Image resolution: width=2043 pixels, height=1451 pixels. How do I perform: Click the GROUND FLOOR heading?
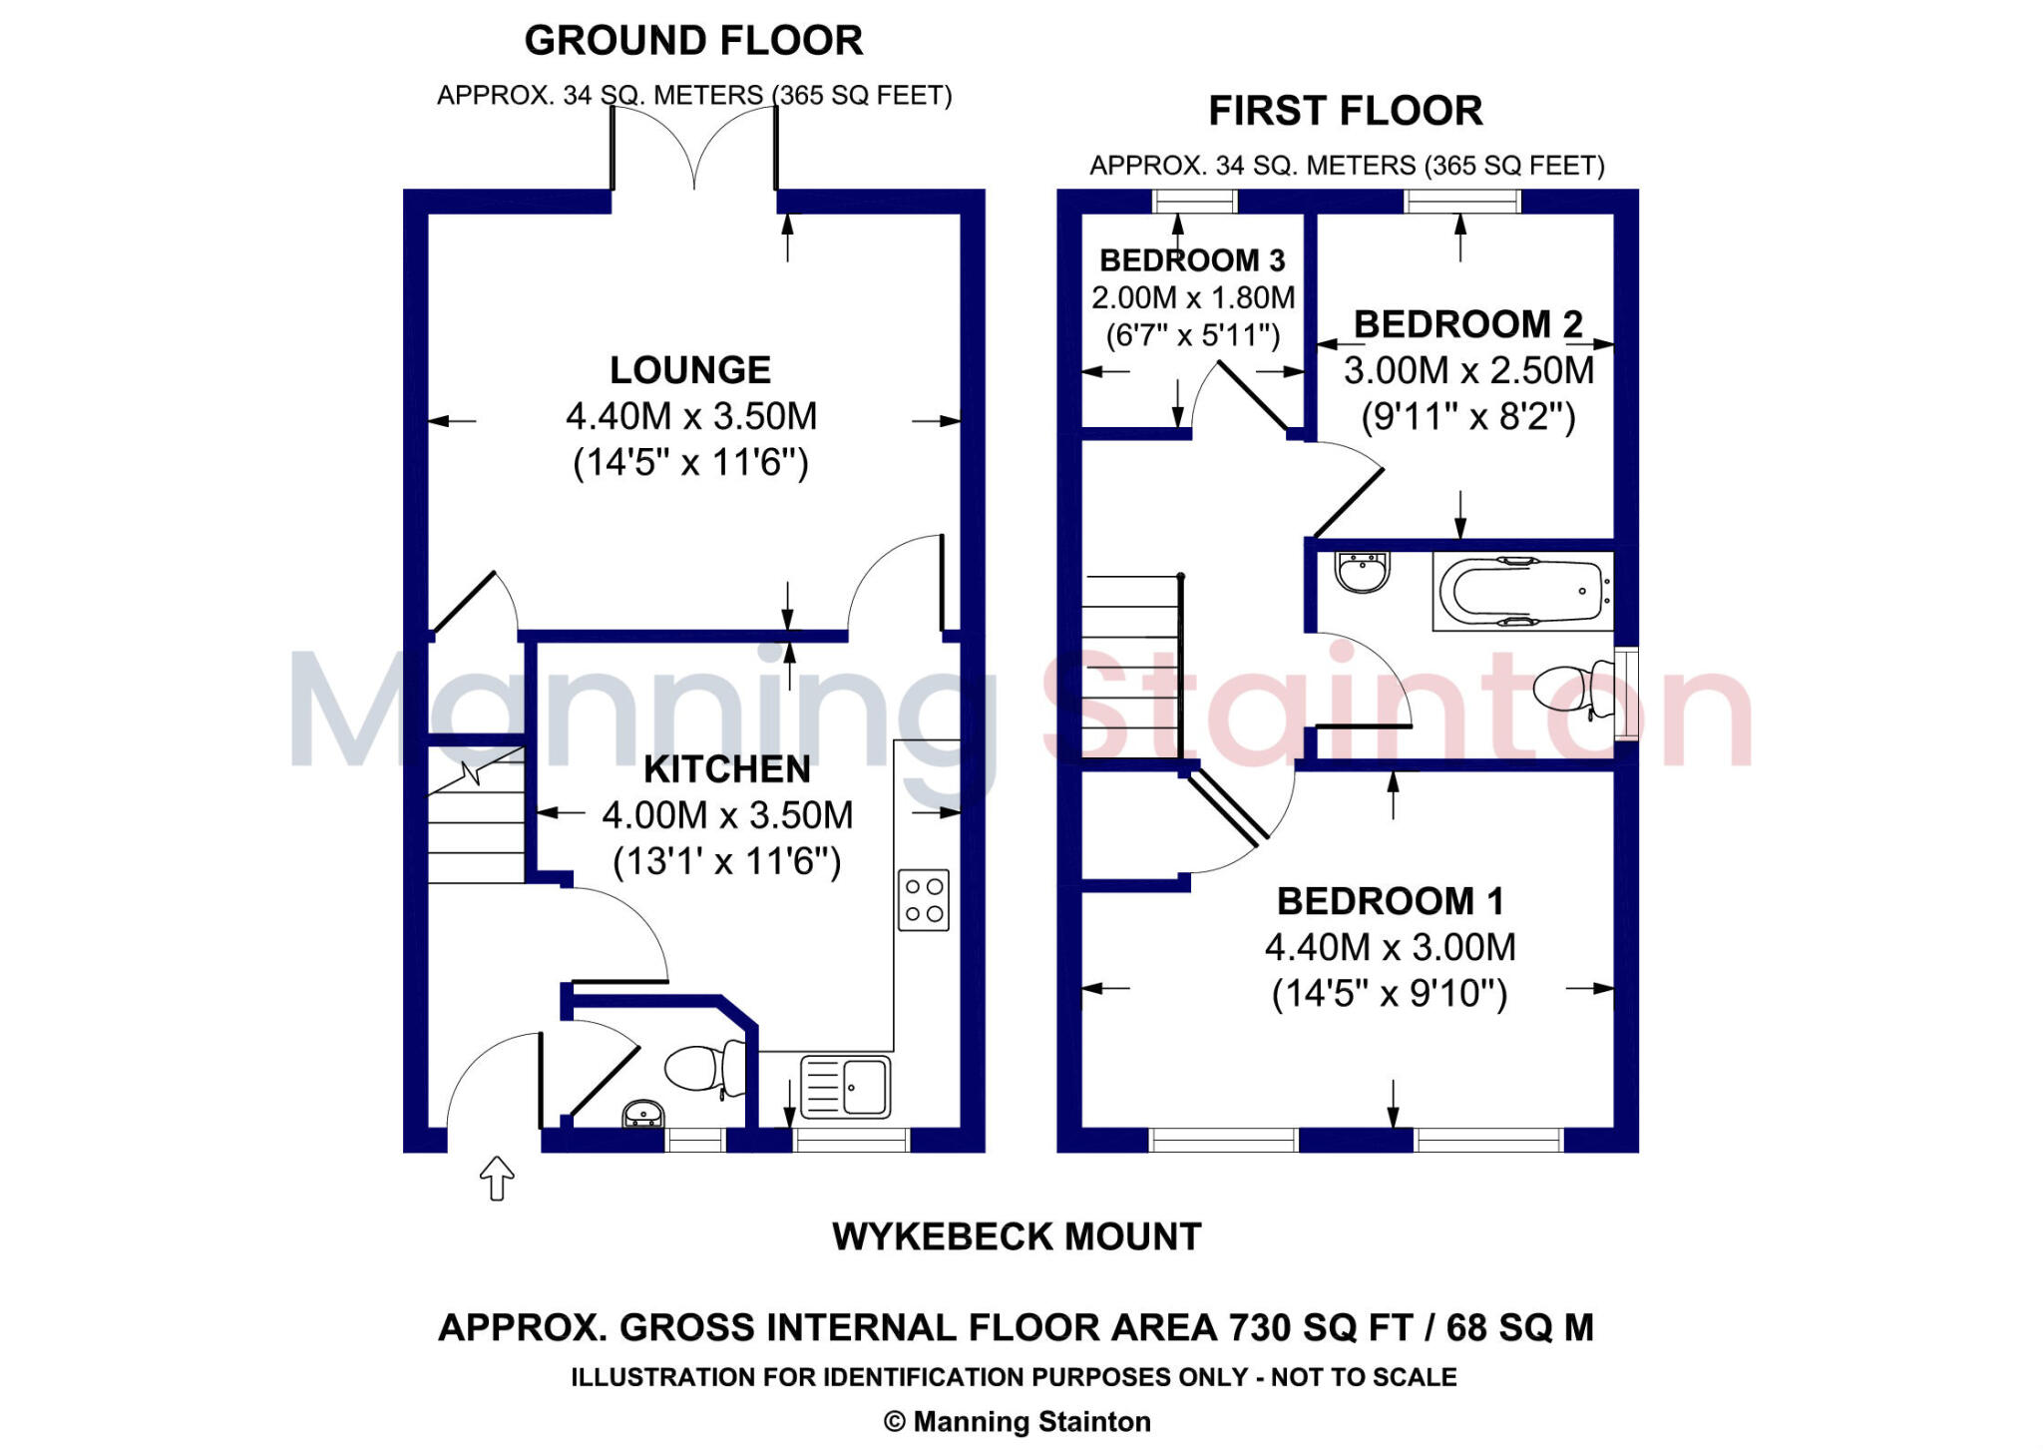693,41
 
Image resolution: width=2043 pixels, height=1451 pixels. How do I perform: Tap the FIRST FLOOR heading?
1345,111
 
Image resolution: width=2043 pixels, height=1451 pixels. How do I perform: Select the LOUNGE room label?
690,370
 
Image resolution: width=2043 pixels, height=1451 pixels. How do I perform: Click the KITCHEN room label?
727,769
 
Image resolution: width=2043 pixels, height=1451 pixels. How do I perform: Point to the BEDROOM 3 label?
1192,260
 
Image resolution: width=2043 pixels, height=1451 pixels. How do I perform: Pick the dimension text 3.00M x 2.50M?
1468,370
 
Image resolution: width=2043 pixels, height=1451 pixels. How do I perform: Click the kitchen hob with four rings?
923,900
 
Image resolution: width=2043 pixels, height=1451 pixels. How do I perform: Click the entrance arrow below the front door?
497,1179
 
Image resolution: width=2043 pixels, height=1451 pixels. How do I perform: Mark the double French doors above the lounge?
694,150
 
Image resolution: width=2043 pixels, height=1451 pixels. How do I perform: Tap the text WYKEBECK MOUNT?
1017,1237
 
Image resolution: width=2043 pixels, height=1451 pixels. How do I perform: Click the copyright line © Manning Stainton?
1017,1421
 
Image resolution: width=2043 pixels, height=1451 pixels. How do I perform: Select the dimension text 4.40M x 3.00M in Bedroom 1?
1390,947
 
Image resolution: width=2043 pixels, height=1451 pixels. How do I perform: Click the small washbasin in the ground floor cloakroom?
643,1114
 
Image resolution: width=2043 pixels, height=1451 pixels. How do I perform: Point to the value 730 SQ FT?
1321,1328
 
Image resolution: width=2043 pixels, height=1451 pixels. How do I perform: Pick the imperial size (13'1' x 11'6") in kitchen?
727,861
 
